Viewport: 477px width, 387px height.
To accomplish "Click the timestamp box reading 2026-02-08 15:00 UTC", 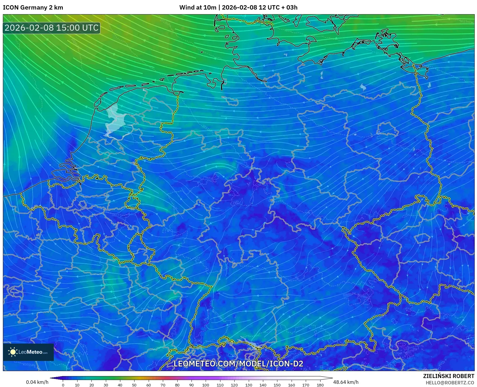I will (x=51, y=28).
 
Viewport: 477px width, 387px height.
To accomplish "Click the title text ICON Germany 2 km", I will (x=33, y=8).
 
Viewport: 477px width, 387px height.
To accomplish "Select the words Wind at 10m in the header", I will (x=198, y=8).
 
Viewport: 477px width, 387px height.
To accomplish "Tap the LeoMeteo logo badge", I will (x=28, y=352).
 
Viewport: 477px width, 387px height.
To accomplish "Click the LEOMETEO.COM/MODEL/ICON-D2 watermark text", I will (x=238, y=364).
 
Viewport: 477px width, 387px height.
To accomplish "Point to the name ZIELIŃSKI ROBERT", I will (x=448, y=376).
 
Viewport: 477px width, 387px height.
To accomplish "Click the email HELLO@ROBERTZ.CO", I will (x=450, y=383).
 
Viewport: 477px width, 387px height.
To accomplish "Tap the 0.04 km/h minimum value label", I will (x=37, y=382).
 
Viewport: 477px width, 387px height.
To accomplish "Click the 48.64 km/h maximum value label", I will (x=346, y=382).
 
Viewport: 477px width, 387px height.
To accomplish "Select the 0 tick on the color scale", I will (x=63, y=385).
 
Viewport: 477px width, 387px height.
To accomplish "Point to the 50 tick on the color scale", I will (x=134, y=385).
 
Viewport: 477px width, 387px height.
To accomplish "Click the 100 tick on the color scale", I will (x=206, y=385).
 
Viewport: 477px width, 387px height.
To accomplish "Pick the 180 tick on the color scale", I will (x=320, y=385).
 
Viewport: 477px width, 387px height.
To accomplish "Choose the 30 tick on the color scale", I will (x=106, y=385).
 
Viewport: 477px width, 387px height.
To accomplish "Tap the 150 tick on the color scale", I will (x=277, y=385).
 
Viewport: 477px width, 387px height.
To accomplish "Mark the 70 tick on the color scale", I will (x=163, y=385).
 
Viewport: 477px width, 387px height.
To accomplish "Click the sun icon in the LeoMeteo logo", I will (x=13, y=352).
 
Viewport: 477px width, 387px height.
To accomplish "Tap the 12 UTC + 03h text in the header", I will (x=278, y=8).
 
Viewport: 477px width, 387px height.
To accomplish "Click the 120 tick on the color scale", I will (x=234, y=385).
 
